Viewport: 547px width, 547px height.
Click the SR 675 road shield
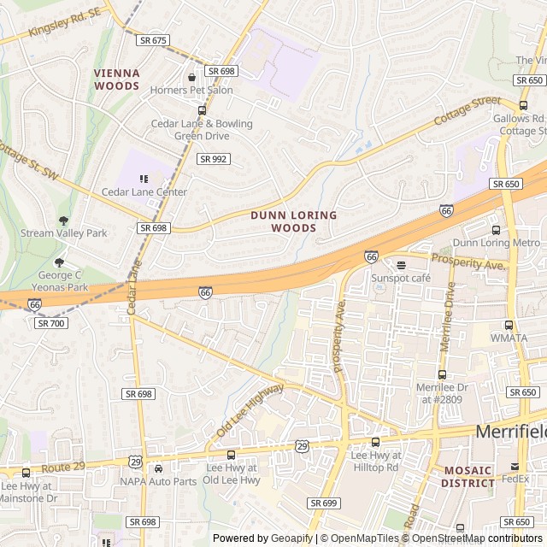coord(153,40)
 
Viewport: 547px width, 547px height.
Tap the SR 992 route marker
coord(213,159)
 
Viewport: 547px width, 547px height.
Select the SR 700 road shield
coord(50,323)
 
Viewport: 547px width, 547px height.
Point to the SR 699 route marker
coord(323,503)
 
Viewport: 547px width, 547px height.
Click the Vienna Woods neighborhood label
coord(116,80)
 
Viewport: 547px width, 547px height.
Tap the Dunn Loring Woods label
coord(293,221)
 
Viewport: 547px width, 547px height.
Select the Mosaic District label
coord(468,477)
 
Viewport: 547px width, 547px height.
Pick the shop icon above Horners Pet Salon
coord(191,77)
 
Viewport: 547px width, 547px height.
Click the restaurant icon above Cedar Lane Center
coord(144,179)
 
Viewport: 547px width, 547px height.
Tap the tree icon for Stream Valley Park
coord(63,221)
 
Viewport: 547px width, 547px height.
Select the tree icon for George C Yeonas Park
coord(59,262)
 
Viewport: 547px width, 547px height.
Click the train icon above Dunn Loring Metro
coord(496,230)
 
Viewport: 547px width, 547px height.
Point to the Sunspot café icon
coord(401,265)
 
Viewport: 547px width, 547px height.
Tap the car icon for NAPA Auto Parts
coord(158,468)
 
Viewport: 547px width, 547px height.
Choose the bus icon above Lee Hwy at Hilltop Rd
coord(375,442)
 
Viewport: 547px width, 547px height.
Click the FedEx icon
coord(514,467)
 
